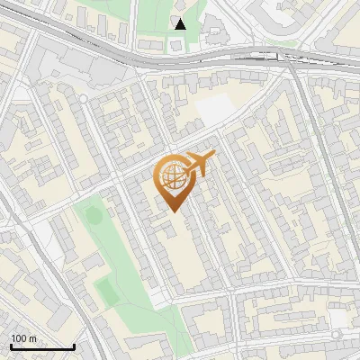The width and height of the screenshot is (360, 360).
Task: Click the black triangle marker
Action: click(x=181, y=24)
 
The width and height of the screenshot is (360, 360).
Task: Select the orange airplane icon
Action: click(x=201, y=163)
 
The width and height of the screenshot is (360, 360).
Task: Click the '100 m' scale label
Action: click(x=23, y=338)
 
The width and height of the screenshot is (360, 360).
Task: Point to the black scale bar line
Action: click(x=42, y=347)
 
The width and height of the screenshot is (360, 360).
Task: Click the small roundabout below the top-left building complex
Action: click(x=83, y=98)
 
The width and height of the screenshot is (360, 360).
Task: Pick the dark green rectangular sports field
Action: click(x=106, y=288)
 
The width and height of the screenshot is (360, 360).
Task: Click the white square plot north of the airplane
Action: click(x=213, y=109)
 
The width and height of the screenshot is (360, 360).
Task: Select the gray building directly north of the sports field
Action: click(x=94, y=263)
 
